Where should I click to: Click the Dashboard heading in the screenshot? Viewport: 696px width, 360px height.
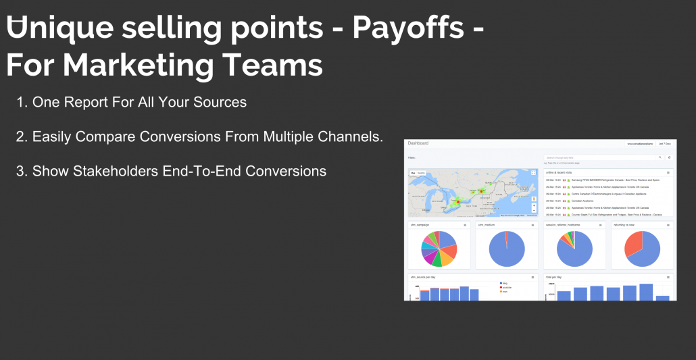418,143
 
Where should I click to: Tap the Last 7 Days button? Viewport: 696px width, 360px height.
665,144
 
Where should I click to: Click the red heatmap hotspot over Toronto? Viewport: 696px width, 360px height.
457,201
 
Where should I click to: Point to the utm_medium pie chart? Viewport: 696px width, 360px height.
506,248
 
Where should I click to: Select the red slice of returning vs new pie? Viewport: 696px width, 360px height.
633,243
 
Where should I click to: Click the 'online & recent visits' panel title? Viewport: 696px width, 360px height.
560,172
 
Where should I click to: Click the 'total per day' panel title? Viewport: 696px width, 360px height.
554,277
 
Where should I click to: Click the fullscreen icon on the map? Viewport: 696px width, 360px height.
534,173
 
